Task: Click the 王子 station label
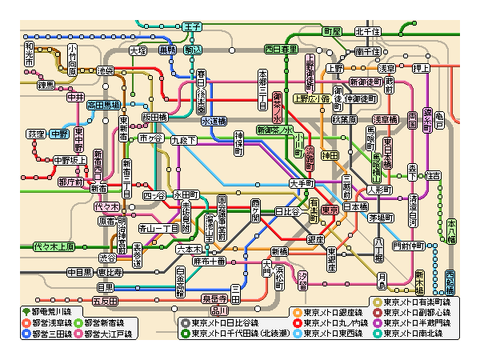pos(192,26)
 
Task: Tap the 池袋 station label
pos(106,70)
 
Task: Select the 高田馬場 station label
pos(103,104)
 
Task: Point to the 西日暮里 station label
pos(281,50)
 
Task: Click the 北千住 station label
pos(367,31)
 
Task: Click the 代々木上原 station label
pos(54,246)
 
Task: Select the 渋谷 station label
pos(107,258)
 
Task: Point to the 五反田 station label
pos(105,301)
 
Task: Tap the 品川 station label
pos(218,310)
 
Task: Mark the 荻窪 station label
pos(37,134)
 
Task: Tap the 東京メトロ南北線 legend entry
pos(416,334)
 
